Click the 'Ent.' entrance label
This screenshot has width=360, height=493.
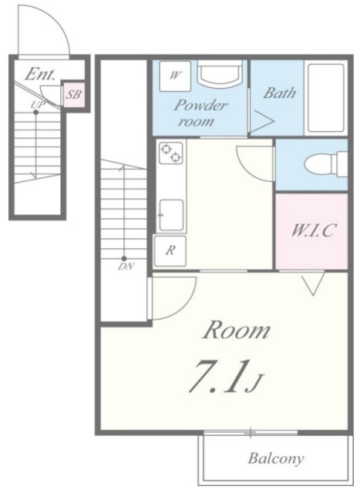click(x=40, y=74)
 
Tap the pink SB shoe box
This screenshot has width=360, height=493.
click(x=74, y=94)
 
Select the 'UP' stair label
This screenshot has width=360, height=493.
click(x=38, y=105)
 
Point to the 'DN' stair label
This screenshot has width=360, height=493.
click(x=126, y=267)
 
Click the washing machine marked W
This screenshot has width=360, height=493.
click(x=175, y=76)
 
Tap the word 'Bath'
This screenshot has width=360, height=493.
click(x=279, y=92)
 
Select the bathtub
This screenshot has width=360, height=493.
click(x=326, y=98)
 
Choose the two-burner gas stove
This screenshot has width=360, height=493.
click(x=171, y=153)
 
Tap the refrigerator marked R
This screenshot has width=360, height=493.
click(x=170, y=251)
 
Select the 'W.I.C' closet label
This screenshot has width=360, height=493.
click(x=312, y=230)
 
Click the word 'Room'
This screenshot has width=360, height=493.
click(x=237, y=330)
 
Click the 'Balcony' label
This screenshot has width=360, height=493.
click(x=276, y=458)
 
